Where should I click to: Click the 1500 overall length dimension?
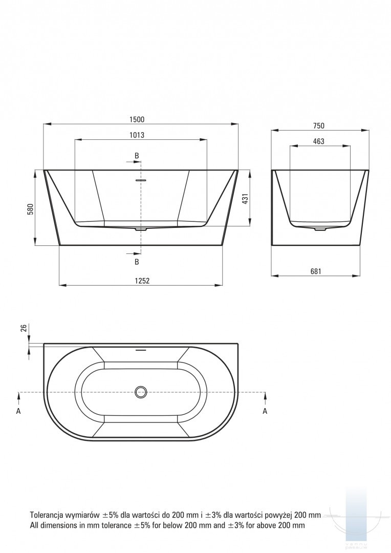click(x=137, y=119)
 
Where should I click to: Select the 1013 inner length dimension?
click(x=137, y=135)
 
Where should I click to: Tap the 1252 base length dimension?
click(x=142, y=281)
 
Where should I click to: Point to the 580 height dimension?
click(x=30, y=209)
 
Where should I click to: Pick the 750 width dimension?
click(x=318, y=125)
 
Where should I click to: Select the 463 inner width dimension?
click(x=318, y=141)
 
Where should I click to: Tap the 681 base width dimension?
click(x=316, y=271)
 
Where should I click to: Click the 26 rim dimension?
click(x=24, y=328)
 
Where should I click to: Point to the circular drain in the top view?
click(x=141, y=392)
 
